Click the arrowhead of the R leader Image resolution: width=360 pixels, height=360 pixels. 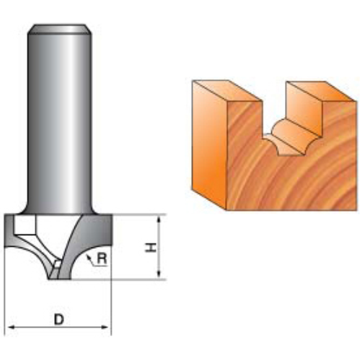point(86,254)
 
